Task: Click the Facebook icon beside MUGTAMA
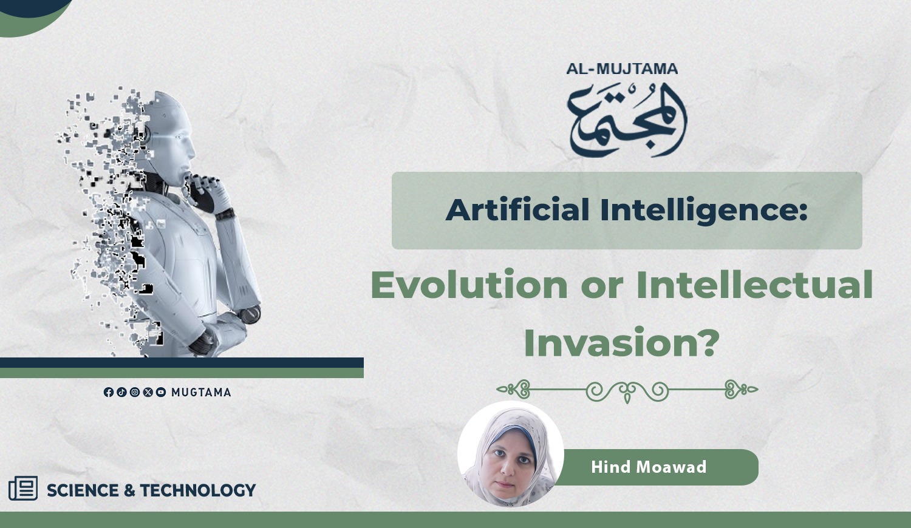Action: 109,392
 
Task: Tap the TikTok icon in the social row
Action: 121,392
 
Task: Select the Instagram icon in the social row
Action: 135,392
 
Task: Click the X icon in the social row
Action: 148,392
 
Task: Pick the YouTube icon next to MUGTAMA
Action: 161,392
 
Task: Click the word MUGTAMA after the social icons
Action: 201,393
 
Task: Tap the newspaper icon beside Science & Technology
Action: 23,488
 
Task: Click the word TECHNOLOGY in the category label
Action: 197,490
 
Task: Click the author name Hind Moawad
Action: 649,467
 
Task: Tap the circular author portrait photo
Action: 510,453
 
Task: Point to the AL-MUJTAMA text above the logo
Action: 623,69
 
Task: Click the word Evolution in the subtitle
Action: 469,285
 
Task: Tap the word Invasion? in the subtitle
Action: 621,342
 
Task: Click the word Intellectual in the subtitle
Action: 754,285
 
